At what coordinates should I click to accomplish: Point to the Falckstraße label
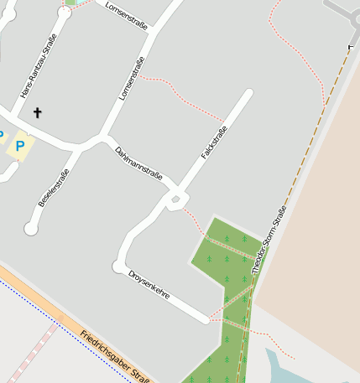(214, 142)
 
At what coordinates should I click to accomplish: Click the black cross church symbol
(37, 111)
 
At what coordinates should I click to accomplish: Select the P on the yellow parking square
(20, 147)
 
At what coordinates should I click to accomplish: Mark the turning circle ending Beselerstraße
(31, 227)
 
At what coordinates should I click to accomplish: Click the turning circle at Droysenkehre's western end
(118, 267)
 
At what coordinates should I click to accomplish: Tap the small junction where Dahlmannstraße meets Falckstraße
(175, 199)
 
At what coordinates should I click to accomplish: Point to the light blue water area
(281, 369)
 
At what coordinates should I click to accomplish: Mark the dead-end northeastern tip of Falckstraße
(248, 94)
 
